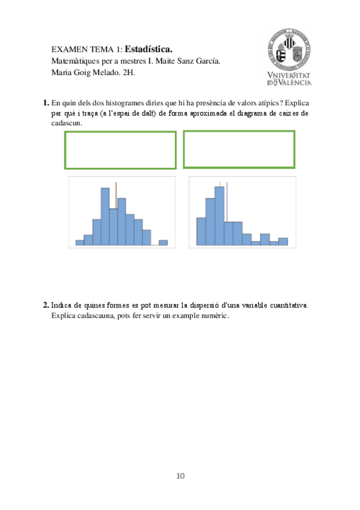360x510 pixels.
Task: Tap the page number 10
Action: (x=180, y=476)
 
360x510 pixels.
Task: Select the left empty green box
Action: (x=120, y=150)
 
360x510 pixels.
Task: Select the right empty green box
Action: (x=239, y=149)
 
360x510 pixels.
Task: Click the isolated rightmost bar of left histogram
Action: (x=163, y=242)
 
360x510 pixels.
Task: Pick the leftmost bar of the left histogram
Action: (x=79, y=242)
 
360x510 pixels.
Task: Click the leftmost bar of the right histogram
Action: (x=201, y=231)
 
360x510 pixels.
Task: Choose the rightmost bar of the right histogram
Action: (x=283, y=241)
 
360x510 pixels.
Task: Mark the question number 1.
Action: (x=46, y=103)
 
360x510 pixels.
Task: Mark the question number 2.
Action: (x=46, y=305)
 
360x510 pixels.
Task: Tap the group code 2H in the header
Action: (x=130, y=72)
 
